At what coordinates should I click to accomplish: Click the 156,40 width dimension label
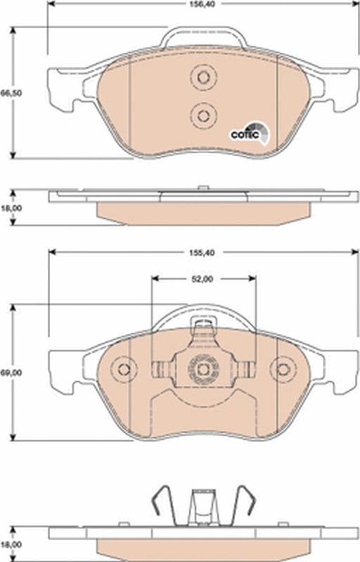(x=202, y=5)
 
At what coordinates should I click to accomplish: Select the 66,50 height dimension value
(x=11, y=93)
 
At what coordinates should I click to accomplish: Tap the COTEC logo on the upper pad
(x=250, y=133)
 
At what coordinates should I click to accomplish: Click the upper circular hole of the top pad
(x=203, y=77)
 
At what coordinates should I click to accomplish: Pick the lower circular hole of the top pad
(x=203, y=115)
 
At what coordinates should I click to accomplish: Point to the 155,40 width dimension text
(x=202, y=253)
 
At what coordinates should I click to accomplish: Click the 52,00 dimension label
(x=202, y=279)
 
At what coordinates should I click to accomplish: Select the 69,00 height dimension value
(x=11, y=373)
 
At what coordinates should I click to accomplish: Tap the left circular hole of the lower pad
(x=124, y=370)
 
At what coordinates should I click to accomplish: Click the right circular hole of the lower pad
(x=283, y=370)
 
